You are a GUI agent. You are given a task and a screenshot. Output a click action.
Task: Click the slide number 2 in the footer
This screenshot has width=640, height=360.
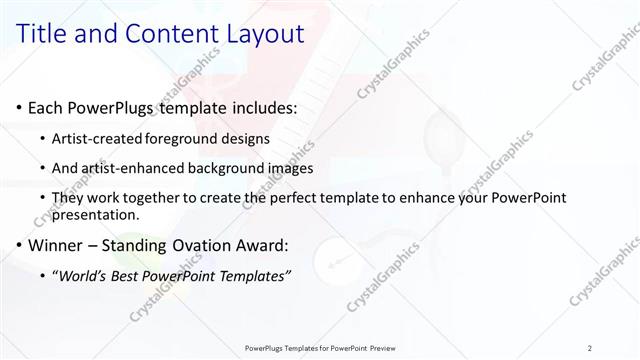click(590, 348)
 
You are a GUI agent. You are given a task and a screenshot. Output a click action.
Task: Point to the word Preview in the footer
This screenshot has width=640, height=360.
click(378, 348)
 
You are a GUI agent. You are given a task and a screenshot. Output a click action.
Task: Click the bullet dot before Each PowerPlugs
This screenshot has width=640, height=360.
click(19, 107)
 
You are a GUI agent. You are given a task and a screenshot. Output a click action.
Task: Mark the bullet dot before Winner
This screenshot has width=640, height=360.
click(19, 244)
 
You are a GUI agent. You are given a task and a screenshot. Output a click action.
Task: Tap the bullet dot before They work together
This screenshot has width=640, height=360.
click(41, 199)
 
